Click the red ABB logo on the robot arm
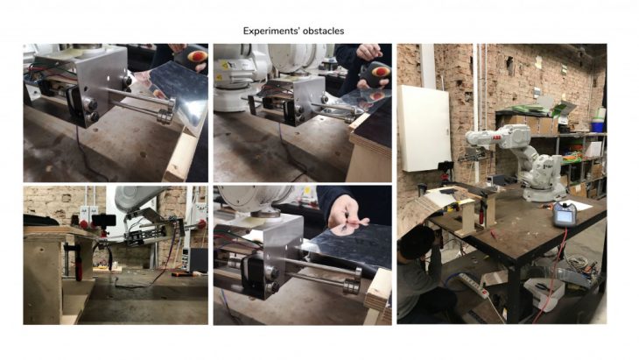(497, 139)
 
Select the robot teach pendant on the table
(565, 214)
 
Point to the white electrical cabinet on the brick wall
(424, 129)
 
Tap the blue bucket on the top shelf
(597, 126)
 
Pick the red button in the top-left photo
(197, 56)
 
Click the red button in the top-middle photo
(381, 72)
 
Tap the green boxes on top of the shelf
(535, 108)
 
